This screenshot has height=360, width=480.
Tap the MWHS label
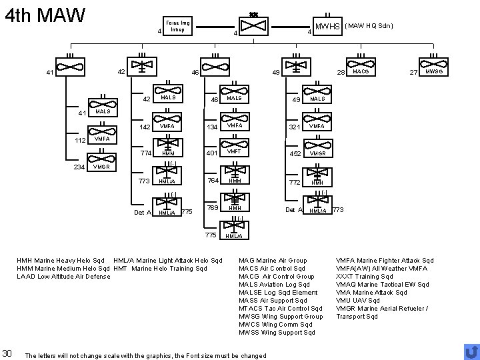328,27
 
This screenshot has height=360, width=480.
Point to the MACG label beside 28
361,71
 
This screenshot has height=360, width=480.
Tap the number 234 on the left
79,167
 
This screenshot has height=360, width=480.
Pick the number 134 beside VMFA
211,127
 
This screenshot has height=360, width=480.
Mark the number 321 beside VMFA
293,127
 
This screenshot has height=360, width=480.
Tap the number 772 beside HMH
293,181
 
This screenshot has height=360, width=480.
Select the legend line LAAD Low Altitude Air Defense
63,276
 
